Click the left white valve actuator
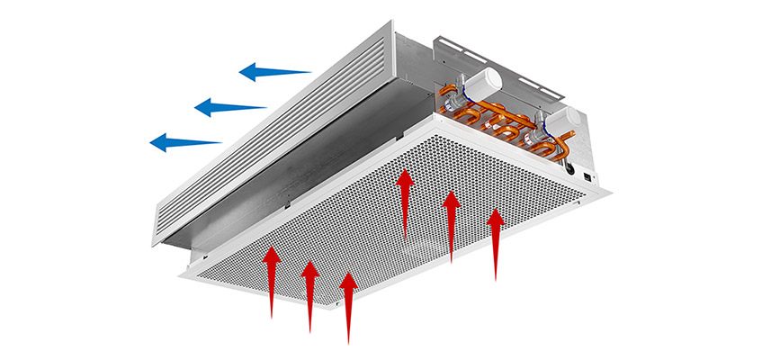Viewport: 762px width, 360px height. [x=482, y=82]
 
